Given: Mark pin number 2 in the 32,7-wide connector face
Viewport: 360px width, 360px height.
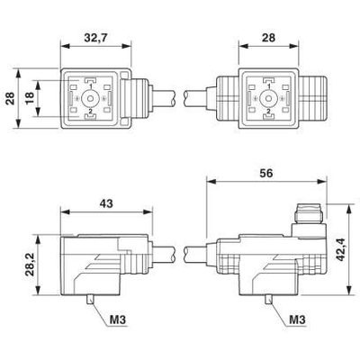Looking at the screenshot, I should tap(90, 111).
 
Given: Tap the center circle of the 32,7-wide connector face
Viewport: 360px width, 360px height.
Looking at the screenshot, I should tap(90, 96).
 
